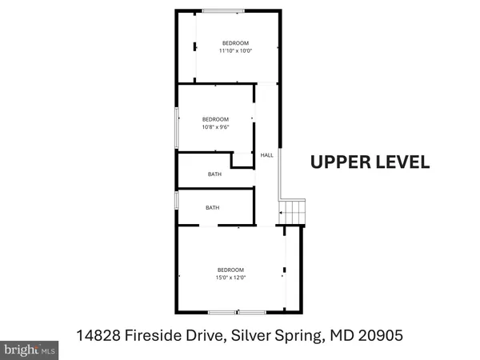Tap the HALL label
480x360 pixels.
(266, 156)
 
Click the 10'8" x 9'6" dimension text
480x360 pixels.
(217, 124)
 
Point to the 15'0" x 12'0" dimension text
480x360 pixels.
(230, 278)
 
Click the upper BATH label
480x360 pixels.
(214, 174)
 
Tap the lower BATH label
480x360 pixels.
(212, 208)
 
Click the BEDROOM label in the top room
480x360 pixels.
(235, 42)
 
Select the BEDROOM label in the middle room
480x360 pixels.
(216, 116)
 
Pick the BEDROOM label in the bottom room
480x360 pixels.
(230, 270)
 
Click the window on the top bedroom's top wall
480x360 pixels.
(224, 10)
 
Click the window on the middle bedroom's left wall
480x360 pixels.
(177, 126)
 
